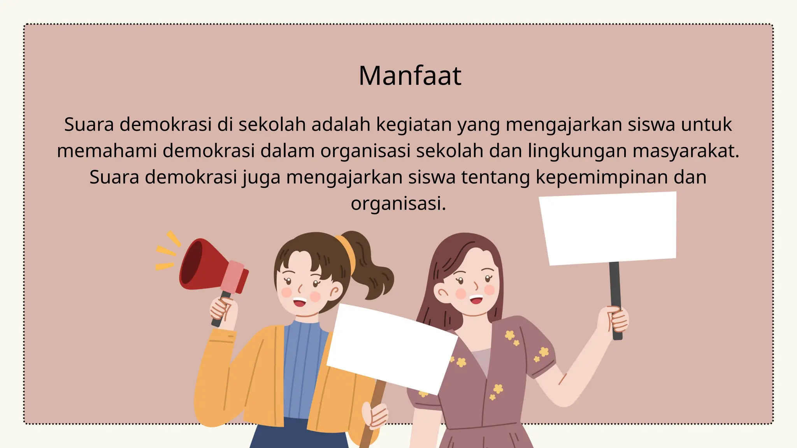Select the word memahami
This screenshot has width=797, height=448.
(107, 151)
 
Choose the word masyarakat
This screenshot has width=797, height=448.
(686, 151)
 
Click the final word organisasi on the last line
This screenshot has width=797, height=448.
(398, 203)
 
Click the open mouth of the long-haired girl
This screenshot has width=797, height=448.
(476, 299)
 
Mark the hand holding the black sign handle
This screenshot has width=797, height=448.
(615, 321)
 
